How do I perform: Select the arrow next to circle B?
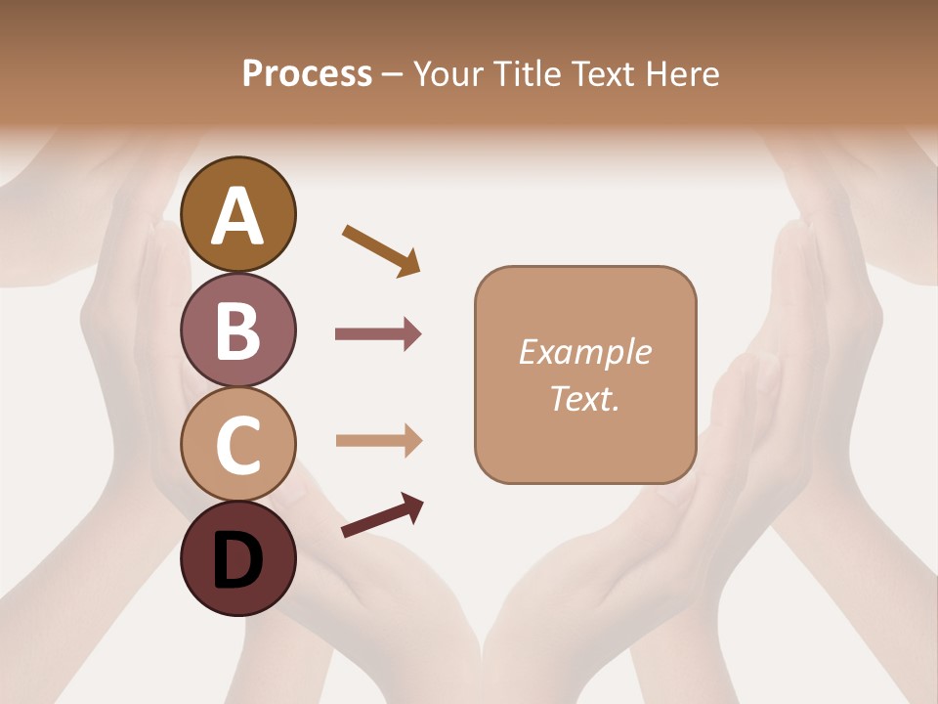tap(378, 334)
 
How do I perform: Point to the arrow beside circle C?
tap(378, 440)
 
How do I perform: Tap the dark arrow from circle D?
tap(382, 515)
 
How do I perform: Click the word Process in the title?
tap(307, 73)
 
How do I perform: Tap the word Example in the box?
tap(584, 352)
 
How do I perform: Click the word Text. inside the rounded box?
tap(584, 399)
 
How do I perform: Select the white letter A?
tap(237, 216)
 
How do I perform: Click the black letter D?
tap(237, 562)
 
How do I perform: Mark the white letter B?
tap(237, 330)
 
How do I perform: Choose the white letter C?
tap(237, 445)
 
